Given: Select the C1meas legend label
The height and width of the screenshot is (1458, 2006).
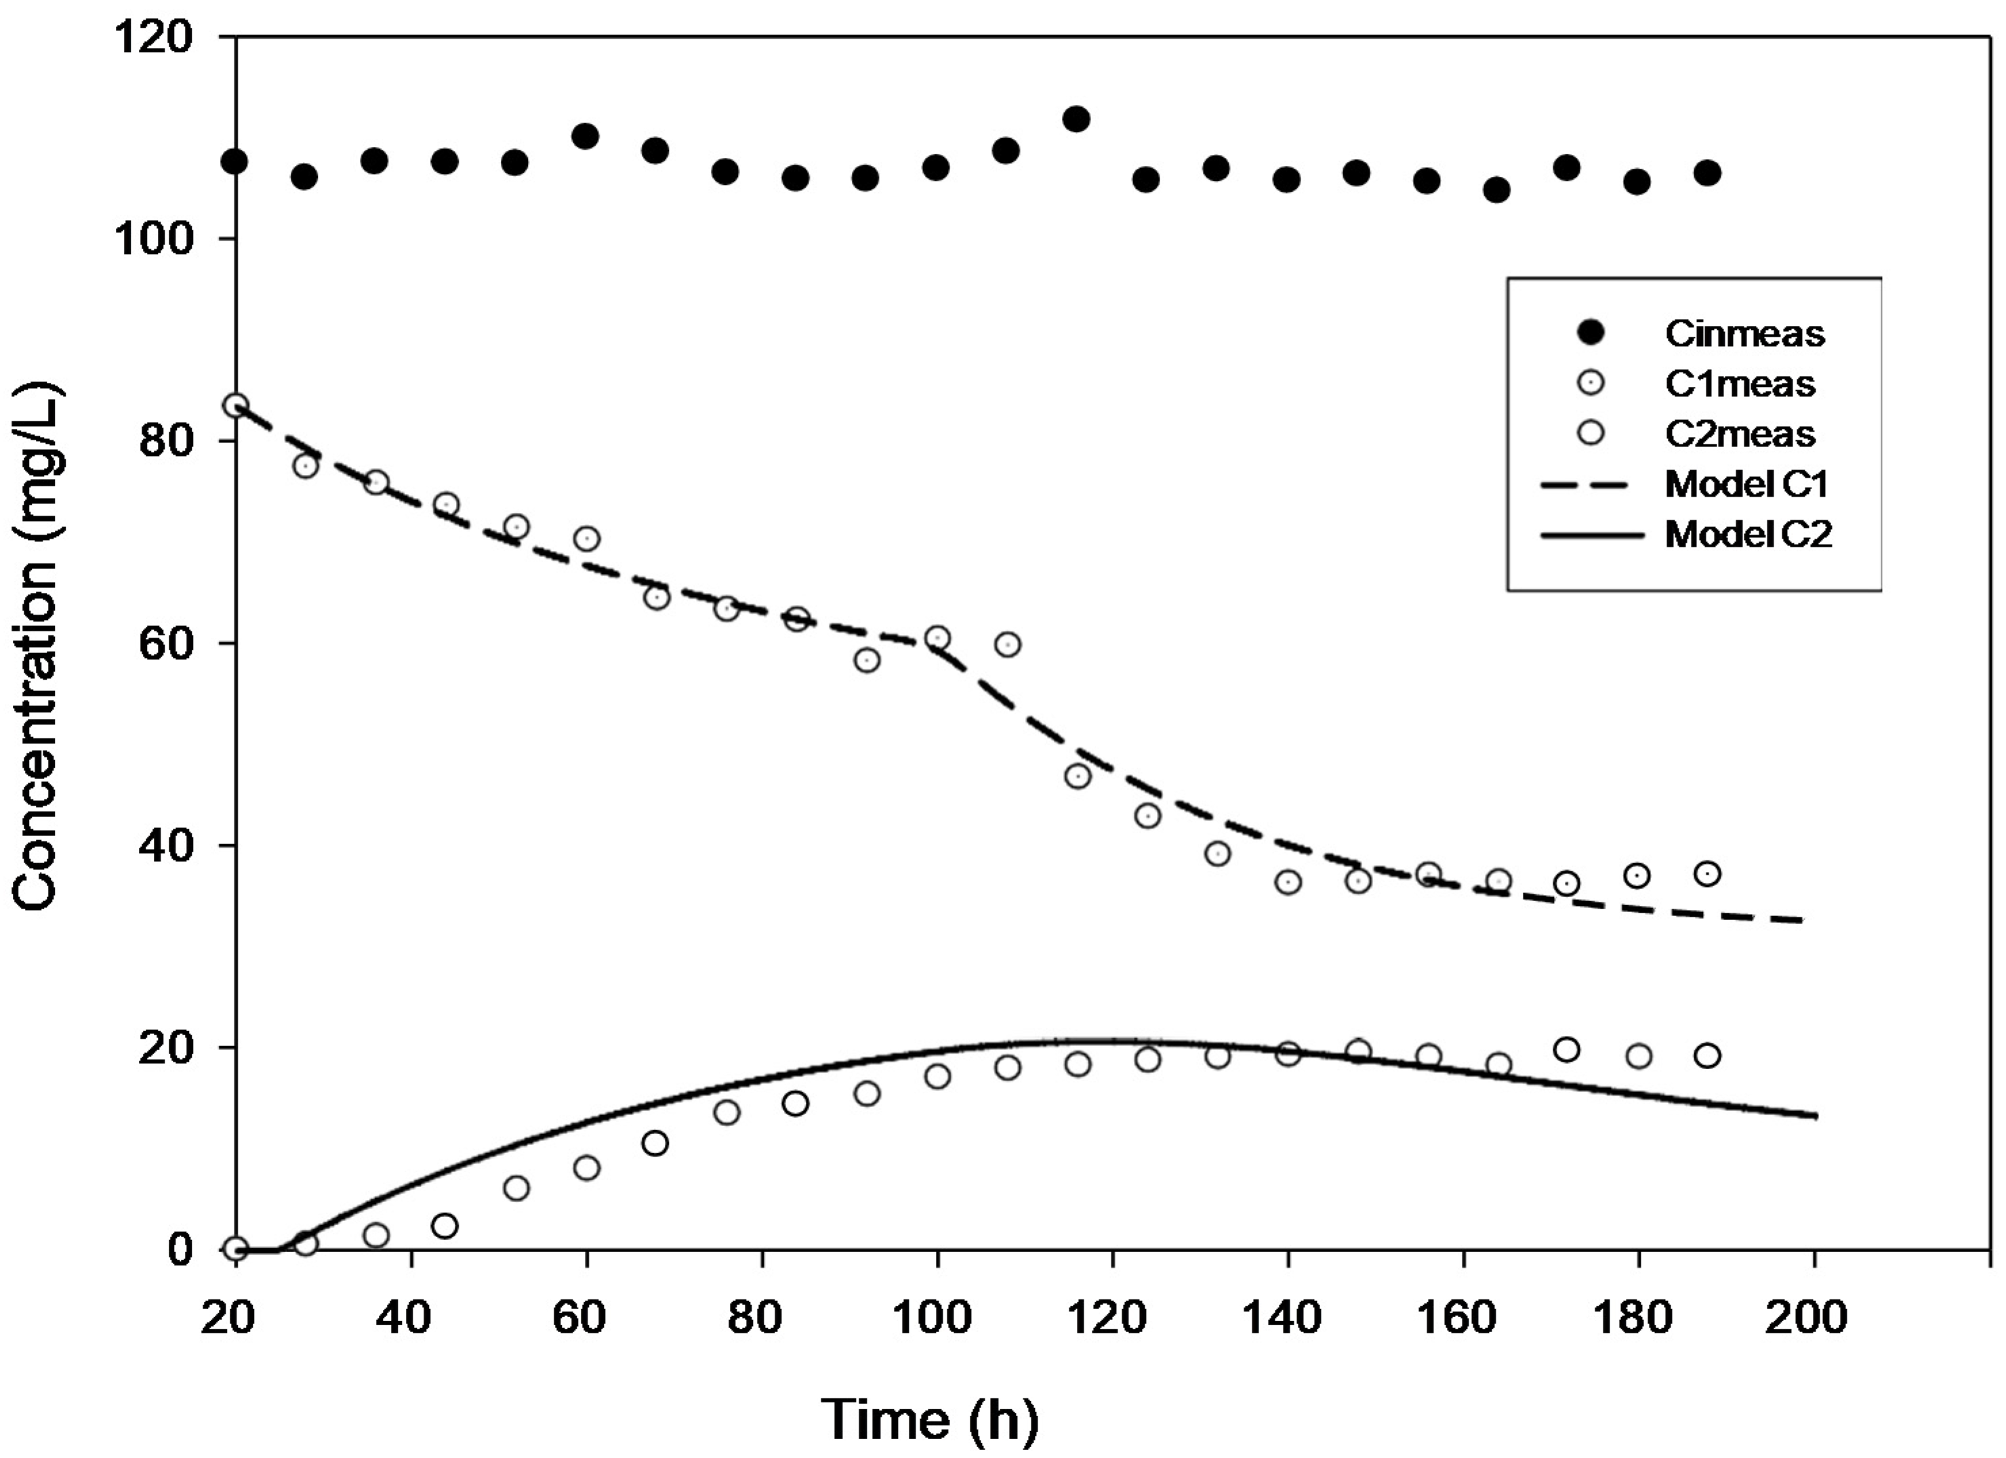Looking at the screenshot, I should pyautogui.click(x=1740, y=383).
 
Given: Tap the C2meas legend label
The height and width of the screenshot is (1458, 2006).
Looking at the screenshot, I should pyautogui.click(x=1740, y=434).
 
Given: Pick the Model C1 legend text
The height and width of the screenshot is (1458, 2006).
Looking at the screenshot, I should pyautogui.click(x=1746, y=484).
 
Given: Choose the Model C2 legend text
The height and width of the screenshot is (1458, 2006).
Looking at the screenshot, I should pyautogui.click(x=1748, y=535).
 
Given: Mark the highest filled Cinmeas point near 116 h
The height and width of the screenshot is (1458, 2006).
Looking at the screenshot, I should pyautogui.click(x=1076, y=119).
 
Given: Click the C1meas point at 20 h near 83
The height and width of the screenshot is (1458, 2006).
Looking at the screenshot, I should pyautogui.click(x=235, y=406).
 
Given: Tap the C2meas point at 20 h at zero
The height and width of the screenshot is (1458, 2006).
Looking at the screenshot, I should pyautogui.click(x=235, y=1249).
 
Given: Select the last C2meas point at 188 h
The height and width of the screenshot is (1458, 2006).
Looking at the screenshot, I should pyautogui.click(x=1707, y=1055).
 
